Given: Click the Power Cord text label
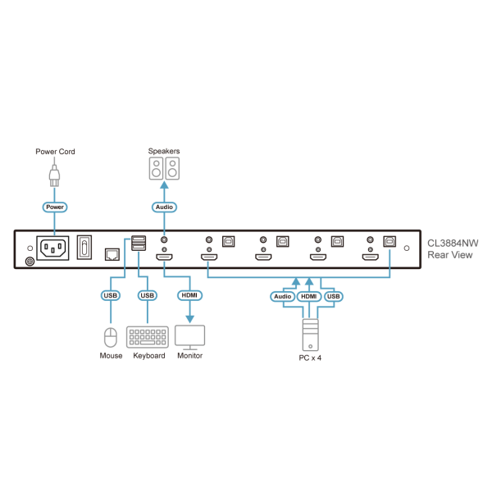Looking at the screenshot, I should tap(55, 152).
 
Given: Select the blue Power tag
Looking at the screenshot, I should tap(55, 207).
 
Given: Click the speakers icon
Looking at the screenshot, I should tap(164, 170).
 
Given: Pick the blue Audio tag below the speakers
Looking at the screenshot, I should tap(164, 207).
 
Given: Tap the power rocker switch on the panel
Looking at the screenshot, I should tap(84, 248).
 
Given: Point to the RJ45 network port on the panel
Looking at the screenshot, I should tap(111, 253).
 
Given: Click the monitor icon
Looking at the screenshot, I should tap(190, 336).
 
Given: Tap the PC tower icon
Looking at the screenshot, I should tap(309, 332).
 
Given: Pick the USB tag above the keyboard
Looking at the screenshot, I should tap(148, 295).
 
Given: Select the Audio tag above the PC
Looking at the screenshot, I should tap(283, 295).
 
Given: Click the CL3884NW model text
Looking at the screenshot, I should tap(452, 243).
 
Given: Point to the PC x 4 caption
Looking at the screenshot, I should tap(309, 358).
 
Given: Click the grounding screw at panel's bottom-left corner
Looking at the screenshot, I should tap(30, 261).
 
